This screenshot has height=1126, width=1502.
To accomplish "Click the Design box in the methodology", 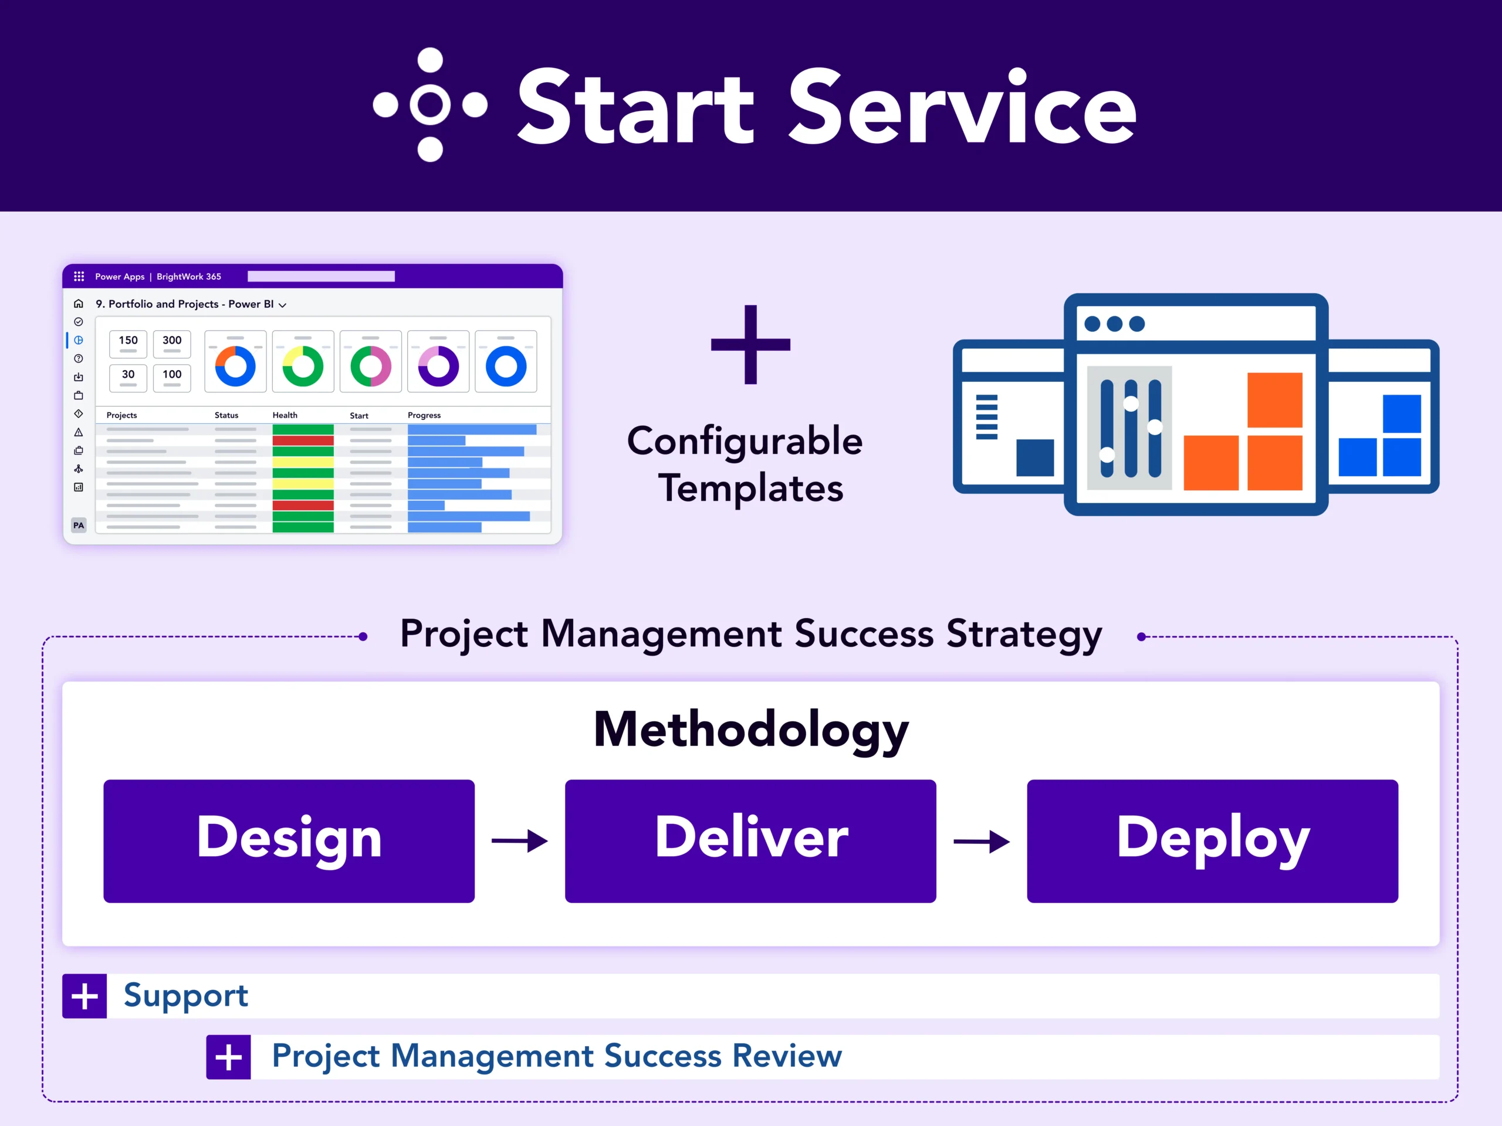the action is [x=289, y=841].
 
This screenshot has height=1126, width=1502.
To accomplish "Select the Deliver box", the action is [x=750, y=841].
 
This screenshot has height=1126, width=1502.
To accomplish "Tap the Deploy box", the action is [x=1212, y=841].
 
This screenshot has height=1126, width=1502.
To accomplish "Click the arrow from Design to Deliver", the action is [x=519, y=841].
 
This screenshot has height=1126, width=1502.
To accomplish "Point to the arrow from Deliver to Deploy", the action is [x=981, y=842].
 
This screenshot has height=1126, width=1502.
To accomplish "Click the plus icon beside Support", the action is [x=84, y=996].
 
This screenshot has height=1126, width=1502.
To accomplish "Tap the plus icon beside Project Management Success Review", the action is [x=228, y=1057].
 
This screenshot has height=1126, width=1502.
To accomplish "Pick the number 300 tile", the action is [x=172, y=344].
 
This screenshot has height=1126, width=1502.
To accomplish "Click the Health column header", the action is [x=285, y=415].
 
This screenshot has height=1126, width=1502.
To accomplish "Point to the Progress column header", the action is [x=424, y=415].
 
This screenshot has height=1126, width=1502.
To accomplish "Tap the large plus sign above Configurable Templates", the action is [x=750, y=344].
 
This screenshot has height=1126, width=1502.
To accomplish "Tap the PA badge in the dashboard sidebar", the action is [x=79, y=525].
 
